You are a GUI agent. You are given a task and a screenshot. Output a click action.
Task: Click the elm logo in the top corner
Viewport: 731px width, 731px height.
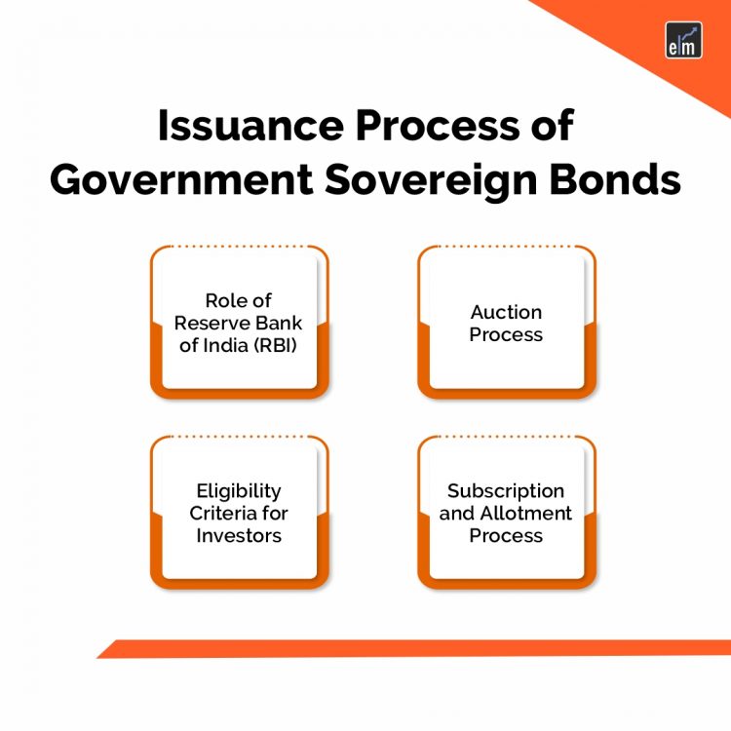[682, 40]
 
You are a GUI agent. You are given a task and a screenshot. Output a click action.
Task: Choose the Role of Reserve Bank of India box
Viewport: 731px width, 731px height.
[239, 322]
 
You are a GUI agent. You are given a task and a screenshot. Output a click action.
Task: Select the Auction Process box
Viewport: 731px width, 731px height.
[506, 322]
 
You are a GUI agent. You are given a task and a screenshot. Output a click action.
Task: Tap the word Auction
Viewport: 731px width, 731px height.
[506, 312]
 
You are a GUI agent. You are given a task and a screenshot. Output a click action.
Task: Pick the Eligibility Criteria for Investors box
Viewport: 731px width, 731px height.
[239, 514]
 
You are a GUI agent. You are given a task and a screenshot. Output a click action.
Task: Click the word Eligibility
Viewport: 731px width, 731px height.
[239, 491]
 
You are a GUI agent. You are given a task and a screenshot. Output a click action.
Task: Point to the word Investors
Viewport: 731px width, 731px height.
[239, 535]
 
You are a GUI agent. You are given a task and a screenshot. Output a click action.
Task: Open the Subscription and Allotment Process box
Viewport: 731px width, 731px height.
[506, 514]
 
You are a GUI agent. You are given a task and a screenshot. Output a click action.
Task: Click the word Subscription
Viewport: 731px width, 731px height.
[506, 491]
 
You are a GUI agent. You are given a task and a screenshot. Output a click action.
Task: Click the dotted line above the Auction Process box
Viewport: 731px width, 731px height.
[506, 246]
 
